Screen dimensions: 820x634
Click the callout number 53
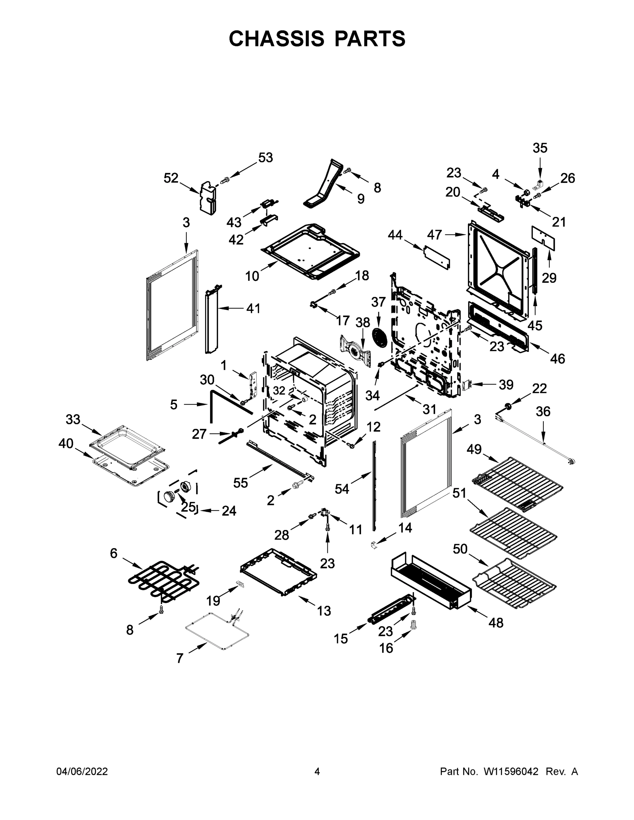point(265,158)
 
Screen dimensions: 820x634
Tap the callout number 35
point(540,148)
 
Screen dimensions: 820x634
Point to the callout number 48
point(496,623)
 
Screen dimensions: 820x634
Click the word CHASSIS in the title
point(277,39)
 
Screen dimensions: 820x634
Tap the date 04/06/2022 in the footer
point(82,771)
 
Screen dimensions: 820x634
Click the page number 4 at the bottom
point(317,771)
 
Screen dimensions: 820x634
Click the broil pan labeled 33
point(128,447)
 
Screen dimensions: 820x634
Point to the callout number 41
point(253,308)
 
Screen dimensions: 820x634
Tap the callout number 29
point(549,278)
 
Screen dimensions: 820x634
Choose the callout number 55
point(240,483)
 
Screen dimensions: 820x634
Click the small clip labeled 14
point(373,544)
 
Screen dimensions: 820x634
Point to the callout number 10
point(252,276)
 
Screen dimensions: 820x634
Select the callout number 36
point(543,411)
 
